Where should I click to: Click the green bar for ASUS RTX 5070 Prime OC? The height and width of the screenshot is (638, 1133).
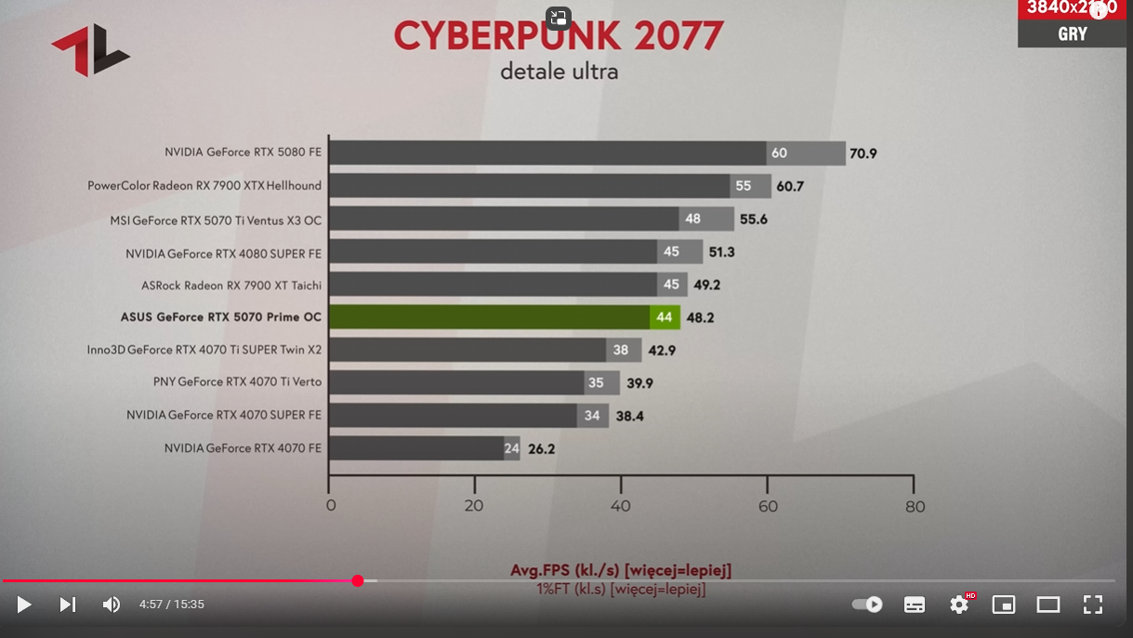pos(489,317)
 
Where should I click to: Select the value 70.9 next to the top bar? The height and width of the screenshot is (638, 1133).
pos(863,153)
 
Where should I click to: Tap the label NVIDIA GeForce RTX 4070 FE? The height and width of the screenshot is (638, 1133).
pos(243,448)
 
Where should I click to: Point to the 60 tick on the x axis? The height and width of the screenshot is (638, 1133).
pos(767,506)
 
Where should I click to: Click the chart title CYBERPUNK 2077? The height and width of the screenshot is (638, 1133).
pos(559,37)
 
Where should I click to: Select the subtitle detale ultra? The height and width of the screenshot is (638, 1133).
pos(559,72)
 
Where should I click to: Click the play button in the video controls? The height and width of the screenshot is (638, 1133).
pos(24,605)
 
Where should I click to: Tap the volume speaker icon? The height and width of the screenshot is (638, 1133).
pos(112,605)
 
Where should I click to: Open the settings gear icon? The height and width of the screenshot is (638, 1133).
pos(959,605)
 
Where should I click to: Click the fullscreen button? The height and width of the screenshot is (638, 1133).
pos(1093,605)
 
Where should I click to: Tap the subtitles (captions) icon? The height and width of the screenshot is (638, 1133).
pos(915,605)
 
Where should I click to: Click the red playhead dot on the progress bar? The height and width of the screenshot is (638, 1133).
pos(358,580)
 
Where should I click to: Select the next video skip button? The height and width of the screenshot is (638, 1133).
pos(68,605)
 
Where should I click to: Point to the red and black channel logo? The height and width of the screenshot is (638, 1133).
pos(90,50)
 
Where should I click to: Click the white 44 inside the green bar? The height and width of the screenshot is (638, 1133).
pos(664,317)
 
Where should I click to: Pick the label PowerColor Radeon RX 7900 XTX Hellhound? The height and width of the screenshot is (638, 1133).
pos(204,186)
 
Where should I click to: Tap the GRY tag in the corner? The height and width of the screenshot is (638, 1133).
pos(1072,34)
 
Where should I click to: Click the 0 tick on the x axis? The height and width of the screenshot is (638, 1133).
pos(331,506)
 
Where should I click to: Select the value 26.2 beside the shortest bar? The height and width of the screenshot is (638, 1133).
pos(541,448)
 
